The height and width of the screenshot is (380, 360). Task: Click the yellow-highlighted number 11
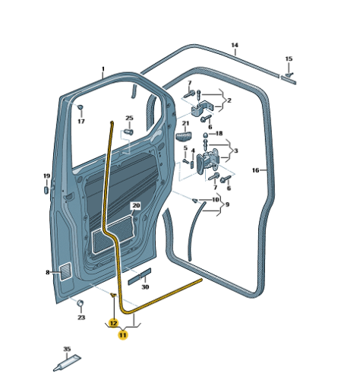(x=123, y=335)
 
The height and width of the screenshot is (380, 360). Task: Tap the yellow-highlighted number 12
(x=113, y=323)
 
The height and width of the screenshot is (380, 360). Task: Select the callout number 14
(x=235, y=45)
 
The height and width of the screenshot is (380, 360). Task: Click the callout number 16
(x=255, y=170)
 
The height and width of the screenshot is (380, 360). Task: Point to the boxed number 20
(x=136, y=205)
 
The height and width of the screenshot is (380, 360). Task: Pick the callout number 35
(x=67, y=349)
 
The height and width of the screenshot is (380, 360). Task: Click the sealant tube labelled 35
(x=67, y=363)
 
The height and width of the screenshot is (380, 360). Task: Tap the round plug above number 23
(x=81, y=303)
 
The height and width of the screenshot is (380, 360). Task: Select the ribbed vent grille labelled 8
(x=65, y=271)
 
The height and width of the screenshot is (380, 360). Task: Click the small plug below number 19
(x=46, y=190)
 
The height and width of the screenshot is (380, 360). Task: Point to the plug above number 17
(x=81, y=107)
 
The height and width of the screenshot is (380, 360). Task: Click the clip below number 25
(x=129, y=132)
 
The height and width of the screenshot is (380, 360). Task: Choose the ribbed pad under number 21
(x=184, y=136)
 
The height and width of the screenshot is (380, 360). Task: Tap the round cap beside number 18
(x=206, y=135)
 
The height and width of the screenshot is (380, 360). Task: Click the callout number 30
(x=145, y=287)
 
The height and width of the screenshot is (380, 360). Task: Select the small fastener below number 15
(x=289, y=74)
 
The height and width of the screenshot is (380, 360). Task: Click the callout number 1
(x=103, y=69)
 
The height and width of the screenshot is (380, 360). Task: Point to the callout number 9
(x=227, y=204)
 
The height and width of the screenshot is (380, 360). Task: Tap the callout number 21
(x=185, y=123)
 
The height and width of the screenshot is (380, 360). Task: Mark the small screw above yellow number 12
(x=113, y=295)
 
